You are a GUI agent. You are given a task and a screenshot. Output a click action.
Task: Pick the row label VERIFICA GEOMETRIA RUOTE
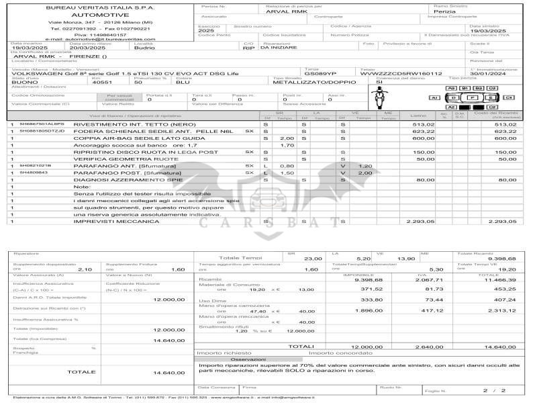(115, 159)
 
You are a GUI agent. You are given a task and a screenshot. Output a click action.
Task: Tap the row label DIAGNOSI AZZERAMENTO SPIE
(118, 180)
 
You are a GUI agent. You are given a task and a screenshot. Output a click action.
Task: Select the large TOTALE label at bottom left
(81, 372)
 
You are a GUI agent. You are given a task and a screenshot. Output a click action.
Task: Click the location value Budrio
(144, 48)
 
